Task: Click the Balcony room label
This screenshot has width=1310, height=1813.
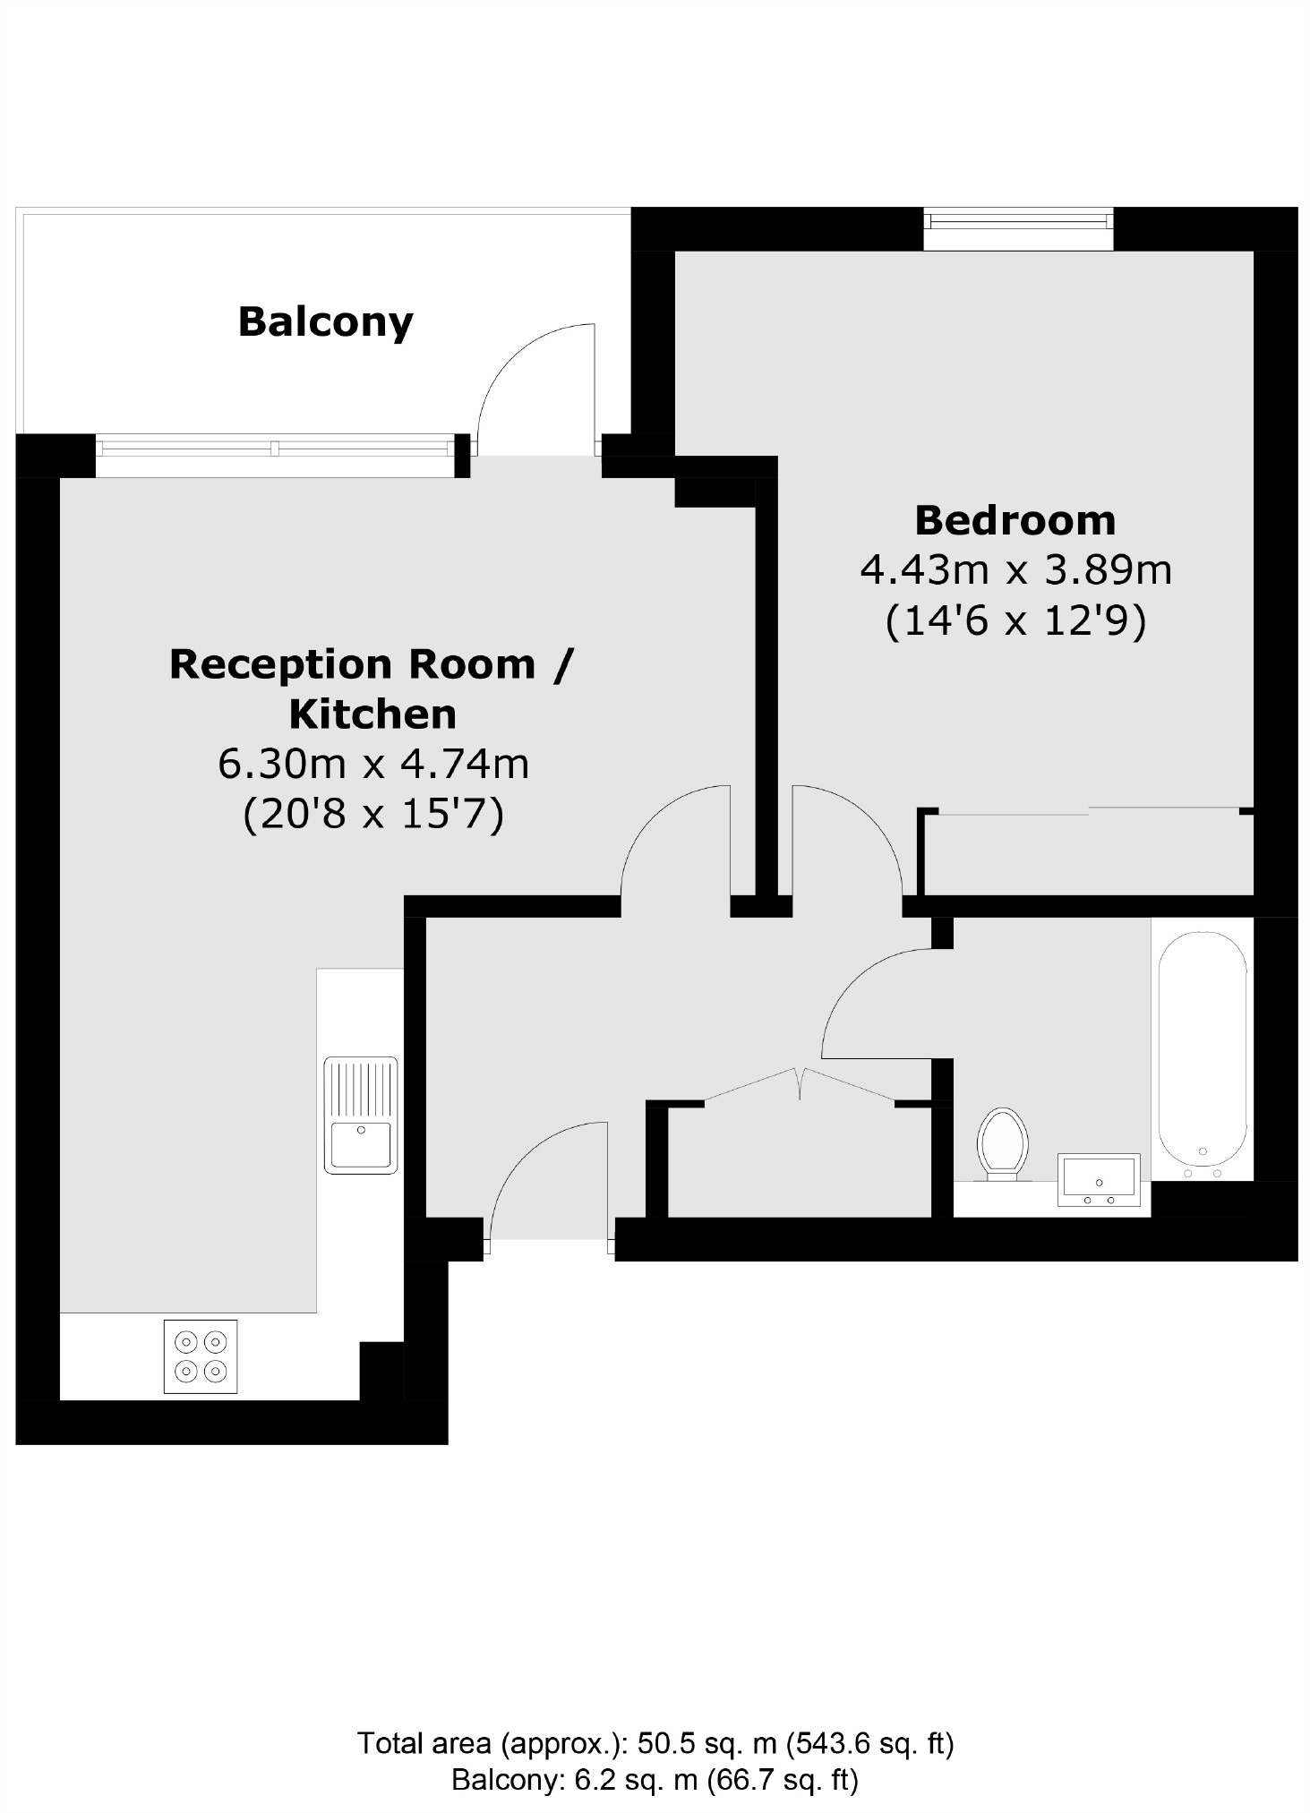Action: tap(325, 322)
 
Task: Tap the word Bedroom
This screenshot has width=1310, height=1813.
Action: tap(1015, 520)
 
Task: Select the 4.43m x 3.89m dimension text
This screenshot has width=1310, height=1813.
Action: tap(1015, 569)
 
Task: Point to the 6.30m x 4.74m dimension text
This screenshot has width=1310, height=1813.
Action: tap(373, 764)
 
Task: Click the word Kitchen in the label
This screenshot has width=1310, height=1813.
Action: tap(372, 714)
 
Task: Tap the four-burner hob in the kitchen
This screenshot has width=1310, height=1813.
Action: tap(201, 1355)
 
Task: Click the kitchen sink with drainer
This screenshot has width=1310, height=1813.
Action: tap(361, 1115)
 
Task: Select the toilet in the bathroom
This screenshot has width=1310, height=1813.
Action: tap(1002, 1143)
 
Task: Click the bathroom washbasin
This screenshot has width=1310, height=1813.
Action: tap(1099, 1178)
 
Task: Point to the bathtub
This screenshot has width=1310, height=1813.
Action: tap(1203, 1053)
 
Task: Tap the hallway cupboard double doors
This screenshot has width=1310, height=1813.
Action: tap(799, 1084)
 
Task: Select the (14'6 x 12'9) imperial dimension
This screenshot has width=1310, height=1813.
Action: tap(1015, 620)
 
